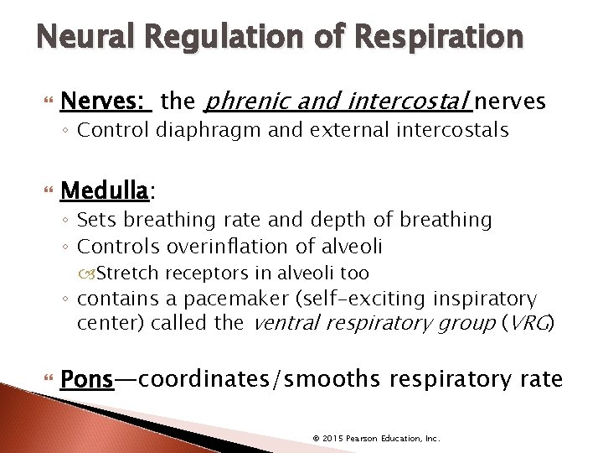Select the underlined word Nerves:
click(x=117, y=102)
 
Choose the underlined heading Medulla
click(x=116, y=192)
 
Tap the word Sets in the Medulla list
click(x=95, y=220)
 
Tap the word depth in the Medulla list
click(x=335, y=220)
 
